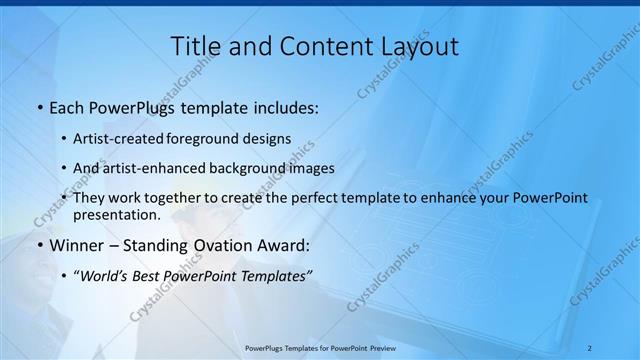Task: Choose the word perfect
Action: [314, 198]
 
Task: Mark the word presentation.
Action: [117, 214]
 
